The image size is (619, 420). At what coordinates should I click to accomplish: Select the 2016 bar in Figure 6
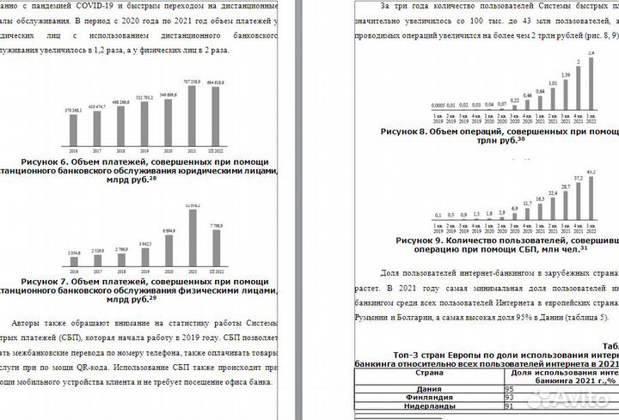point(73,126)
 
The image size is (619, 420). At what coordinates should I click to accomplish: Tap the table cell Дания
point(429,389)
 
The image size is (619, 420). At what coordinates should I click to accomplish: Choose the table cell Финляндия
point(429,399)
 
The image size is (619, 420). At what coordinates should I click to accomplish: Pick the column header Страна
point(429,374)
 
